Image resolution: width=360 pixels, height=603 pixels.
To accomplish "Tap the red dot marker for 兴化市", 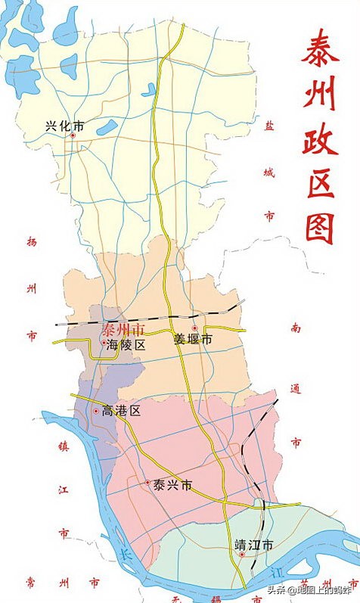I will [x=73, y=135].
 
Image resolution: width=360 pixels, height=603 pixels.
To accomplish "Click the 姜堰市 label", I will [x=193, y=340].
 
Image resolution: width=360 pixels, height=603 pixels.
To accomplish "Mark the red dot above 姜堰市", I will [x=194, y=328].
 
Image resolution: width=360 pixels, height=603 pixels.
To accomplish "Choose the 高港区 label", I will [x=122, y=412].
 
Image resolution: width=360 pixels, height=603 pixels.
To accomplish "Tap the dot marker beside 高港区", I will [x=96, y=412].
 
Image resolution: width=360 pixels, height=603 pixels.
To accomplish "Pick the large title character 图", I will [x=320, y=225].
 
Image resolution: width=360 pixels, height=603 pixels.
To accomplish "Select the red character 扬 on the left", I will [x=31, y=243].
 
